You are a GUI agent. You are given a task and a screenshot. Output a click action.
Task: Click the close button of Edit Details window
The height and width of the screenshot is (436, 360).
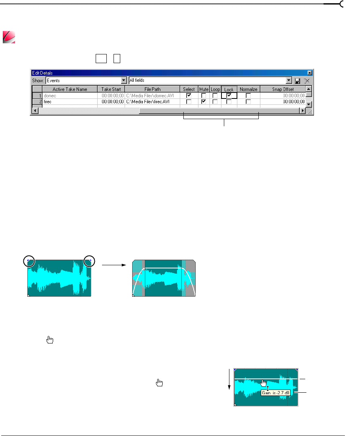pyautogui.click(x=310, y=73)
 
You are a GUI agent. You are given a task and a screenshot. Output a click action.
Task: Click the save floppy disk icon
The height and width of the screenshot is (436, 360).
pyautogui.click(x=297, y=81)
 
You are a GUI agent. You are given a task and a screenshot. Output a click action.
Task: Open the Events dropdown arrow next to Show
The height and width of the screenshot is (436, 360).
pyautogui.click(x=124, y=81)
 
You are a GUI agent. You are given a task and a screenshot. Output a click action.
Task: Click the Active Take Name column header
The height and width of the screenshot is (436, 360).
pyautogui.click(x=70, y=89)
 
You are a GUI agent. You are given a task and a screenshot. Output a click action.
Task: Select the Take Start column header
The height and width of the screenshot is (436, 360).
pyautogui.click(x=111, y=89)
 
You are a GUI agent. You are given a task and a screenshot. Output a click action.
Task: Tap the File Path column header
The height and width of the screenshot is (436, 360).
pyautogui.click(x=152, y=89)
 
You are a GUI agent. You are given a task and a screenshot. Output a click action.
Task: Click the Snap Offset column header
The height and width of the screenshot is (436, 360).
pyautogui.click(x=283, y=89)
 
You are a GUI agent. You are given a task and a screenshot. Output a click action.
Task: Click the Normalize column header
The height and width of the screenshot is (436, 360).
pyautogui.click(x=248, y=89)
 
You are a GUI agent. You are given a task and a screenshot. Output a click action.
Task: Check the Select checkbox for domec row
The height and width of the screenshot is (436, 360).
pyautogui.click(x=189, y=95)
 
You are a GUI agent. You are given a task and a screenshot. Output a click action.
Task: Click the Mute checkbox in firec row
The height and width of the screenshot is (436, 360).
pyautogui.click(x=204, y=102)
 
